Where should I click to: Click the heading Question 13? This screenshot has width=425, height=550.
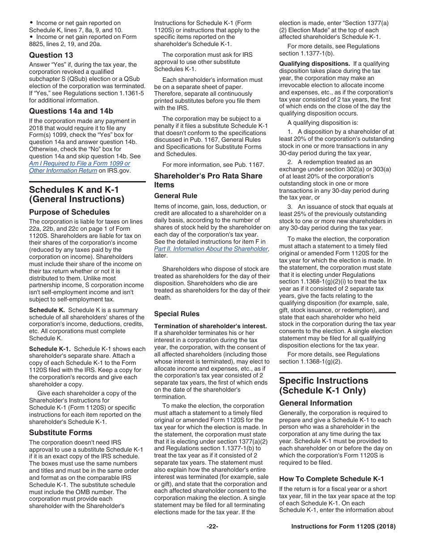(51, 55)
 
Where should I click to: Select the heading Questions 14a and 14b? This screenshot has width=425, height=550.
(71, 111)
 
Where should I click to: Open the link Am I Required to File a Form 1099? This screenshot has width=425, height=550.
(80, 163)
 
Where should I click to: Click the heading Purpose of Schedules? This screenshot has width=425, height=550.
(69, 212)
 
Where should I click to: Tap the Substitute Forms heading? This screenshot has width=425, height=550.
(60, 432)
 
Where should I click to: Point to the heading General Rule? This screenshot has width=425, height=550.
(175, 196)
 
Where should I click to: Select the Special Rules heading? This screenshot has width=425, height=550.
(177, 314)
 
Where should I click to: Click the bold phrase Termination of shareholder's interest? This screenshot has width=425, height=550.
(210, 326)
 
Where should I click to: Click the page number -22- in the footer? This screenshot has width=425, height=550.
(212, 527)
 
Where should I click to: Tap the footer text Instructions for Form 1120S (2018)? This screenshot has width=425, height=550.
(343, 527)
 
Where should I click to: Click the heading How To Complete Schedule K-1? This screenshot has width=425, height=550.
(331, 479)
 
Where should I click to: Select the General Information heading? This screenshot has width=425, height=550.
(315, 403)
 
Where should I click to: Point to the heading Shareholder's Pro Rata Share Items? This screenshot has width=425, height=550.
(208, 180)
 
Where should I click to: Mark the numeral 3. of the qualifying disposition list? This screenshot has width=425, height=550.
(290, 207)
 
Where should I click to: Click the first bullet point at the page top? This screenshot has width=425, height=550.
(31, 23)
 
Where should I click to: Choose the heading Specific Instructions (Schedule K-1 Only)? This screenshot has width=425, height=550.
(323, 385)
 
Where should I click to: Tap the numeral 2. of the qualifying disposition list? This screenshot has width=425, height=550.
(290, 162)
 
